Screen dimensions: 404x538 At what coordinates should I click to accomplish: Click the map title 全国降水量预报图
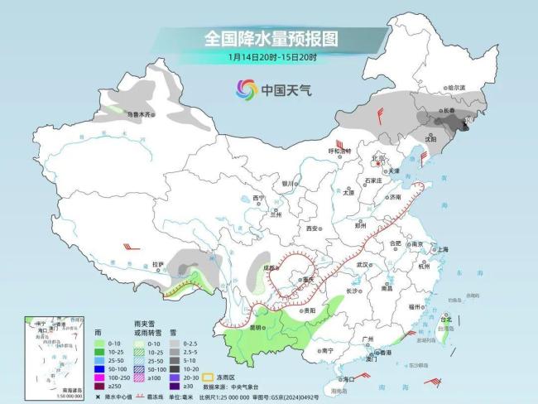click(x=272, y=39)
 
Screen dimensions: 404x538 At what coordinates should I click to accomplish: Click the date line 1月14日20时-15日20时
click(x=272, y=57)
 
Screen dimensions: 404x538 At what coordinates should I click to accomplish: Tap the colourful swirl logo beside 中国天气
click(x=246, y=89)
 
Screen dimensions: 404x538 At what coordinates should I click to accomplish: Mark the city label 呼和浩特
click(x=340, y=151)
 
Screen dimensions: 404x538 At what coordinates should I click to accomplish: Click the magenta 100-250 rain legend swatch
click(x=99, y=376)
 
